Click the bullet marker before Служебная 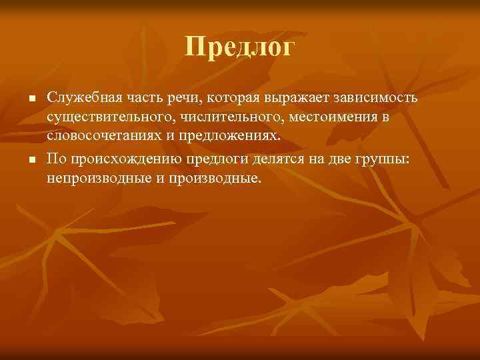point(31,99)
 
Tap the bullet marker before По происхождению point(31,161)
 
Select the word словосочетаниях point(99,136)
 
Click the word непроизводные point(88,179)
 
